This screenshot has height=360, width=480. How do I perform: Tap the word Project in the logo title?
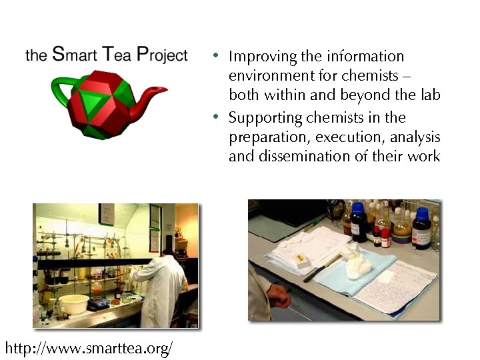162,55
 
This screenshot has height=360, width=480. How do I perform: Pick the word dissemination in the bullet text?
293,157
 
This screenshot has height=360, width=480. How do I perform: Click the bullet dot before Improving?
215,57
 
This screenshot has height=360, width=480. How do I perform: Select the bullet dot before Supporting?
215,118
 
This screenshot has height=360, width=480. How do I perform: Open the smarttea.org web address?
89,348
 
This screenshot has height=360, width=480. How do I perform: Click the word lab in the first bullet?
430,95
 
